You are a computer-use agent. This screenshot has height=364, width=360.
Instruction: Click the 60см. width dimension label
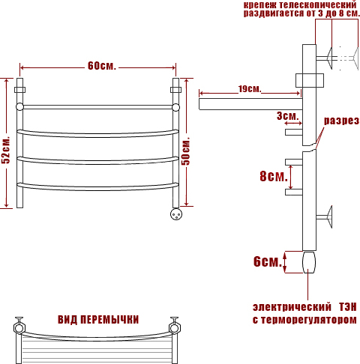102,66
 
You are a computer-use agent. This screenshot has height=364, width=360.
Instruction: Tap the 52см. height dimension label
5,150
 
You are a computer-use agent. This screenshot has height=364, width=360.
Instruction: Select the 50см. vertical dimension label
186,151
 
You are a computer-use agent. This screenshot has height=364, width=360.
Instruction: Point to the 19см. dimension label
250,89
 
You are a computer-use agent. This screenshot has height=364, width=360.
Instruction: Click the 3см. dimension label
288,116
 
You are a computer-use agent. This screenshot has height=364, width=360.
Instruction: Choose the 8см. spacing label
274,176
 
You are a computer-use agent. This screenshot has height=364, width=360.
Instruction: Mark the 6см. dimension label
268,261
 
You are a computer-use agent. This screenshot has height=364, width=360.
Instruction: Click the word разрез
341,121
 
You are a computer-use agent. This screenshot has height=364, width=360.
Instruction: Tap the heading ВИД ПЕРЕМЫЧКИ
98,320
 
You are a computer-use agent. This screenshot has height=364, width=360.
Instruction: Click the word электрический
292,307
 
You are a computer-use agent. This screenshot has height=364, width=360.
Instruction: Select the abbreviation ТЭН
347,307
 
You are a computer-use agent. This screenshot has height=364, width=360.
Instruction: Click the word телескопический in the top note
317,4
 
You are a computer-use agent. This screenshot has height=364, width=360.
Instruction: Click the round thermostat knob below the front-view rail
176,214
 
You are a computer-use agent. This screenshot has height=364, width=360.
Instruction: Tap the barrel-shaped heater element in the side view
309,262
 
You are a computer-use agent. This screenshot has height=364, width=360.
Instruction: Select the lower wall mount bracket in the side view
324,216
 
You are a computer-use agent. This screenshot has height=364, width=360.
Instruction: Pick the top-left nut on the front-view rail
19,90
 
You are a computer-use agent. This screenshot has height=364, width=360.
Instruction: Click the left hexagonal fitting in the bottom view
19,327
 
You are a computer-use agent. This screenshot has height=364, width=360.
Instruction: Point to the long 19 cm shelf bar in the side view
250,104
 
